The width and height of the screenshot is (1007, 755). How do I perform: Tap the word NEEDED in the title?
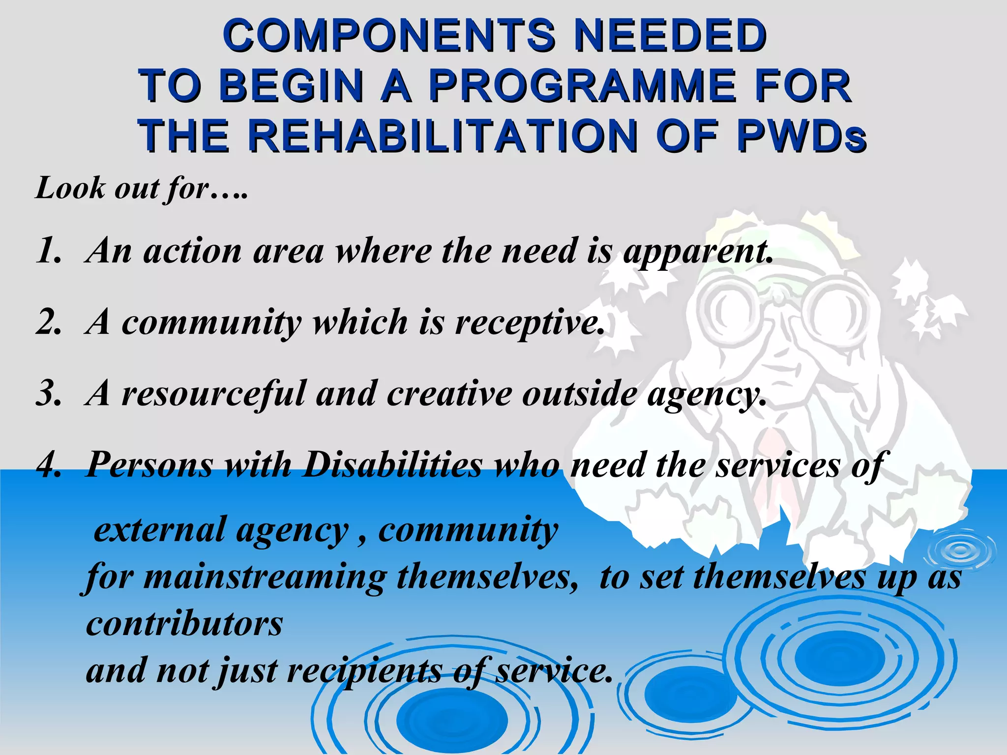pos(670,35)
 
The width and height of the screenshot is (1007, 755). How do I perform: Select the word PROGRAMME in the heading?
pos(583,86)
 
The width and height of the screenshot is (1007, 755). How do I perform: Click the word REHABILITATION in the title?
pos(442,136)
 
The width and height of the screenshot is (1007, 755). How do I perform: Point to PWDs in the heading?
pos(801,136)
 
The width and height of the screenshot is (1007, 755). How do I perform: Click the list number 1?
pos(48,251)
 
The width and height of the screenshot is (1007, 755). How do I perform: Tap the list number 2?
pos(48,322)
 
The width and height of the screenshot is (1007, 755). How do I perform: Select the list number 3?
pos(48,394)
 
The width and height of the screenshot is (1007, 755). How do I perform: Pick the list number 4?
pos(48,465)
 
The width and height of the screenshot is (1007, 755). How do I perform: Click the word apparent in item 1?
pos(698,252)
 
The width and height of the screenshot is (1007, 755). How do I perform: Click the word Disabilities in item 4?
pos(392,465)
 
